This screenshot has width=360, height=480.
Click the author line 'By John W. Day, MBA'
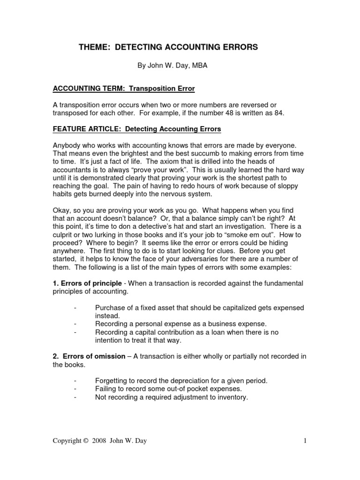172,66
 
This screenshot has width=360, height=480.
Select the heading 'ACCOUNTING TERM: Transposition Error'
123,88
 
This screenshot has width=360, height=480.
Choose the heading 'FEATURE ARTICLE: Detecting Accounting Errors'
136,128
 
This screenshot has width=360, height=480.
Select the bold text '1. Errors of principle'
85,283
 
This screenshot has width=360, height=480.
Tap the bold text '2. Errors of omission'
89,356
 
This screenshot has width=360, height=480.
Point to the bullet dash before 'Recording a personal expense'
75,324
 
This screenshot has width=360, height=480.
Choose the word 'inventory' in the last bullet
231,397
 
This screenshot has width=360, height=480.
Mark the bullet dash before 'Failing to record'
75,389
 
